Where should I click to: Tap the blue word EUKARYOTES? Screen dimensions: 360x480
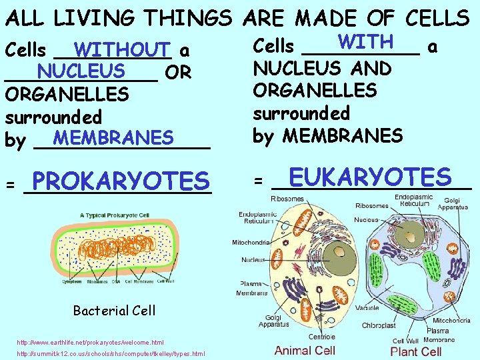371,177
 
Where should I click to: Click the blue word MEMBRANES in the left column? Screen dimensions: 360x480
113,138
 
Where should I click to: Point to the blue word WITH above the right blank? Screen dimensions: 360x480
365,41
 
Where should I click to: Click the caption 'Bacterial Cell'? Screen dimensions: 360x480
114,310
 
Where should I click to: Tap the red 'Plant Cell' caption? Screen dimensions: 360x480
415,351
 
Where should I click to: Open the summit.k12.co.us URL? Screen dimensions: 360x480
110,354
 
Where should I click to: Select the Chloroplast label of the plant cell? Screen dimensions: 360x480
379,326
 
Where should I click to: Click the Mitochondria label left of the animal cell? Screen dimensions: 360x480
249,243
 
